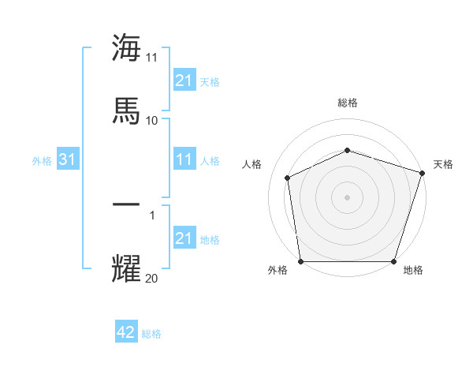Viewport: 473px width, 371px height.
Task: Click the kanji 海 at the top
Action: coord(126,48)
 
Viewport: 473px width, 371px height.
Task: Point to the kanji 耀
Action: coord(126,268)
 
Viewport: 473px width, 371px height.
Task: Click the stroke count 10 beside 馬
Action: coord(152,120)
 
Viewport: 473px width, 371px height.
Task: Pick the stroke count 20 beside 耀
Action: coord(152,278)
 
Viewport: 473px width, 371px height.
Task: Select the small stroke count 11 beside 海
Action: coord(152,58)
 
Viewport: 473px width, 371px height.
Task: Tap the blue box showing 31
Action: coord(68,160)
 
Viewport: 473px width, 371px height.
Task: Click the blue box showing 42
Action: coord(126,333)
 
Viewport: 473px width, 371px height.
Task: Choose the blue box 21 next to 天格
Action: coord(184,81)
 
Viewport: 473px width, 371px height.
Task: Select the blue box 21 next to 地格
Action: coord(184,239)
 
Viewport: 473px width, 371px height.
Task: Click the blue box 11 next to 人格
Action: coord(184,160)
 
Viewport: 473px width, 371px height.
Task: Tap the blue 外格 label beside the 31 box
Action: coord(42,161)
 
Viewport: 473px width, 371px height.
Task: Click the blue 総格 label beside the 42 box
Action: coord(151,334)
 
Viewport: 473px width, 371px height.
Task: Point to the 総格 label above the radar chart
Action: coord(347,103)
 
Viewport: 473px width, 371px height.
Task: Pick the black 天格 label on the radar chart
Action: coord(443,164)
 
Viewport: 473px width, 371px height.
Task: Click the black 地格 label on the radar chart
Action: coord(413,271)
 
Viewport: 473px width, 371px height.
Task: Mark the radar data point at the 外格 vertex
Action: coord(300,261)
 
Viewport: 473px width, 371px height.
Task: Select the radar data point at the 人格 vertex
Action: coord(288,178)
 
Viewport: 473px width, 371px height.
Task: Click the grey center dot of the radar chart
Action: coord(347,197)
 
